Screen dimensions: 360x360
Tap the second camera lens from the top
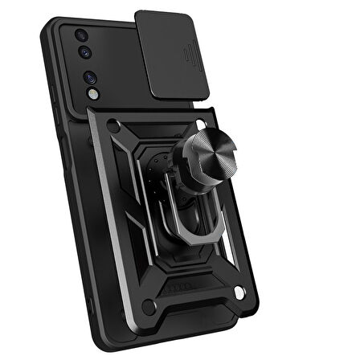pos(86,56)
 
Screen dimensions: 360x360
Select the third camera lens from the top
pos(90,78)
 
